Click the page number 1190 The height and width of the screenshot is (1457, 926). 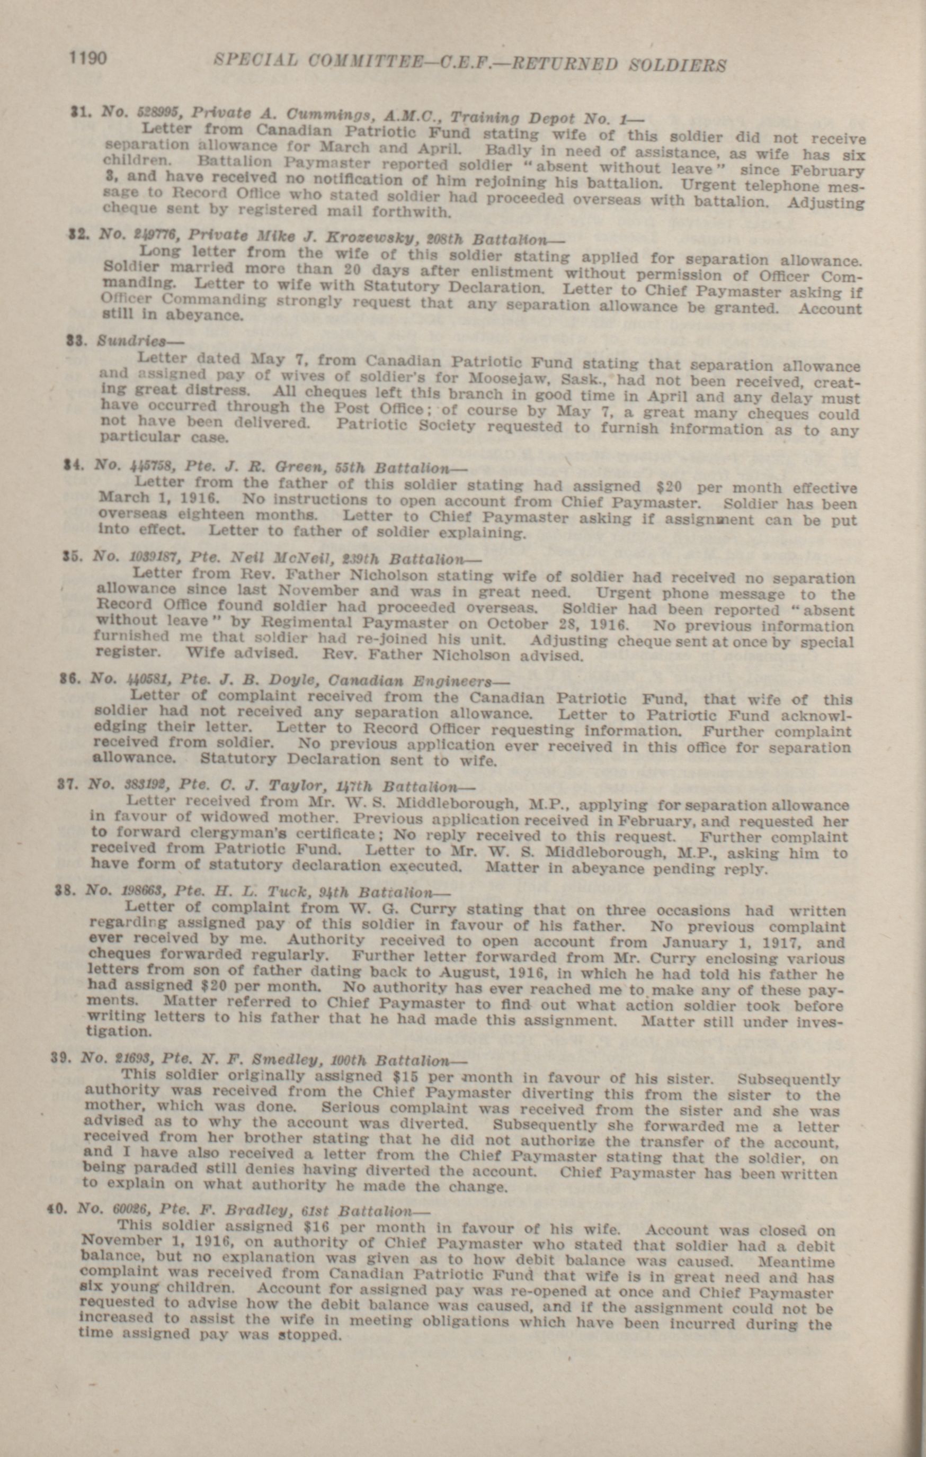click(88, 58)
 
